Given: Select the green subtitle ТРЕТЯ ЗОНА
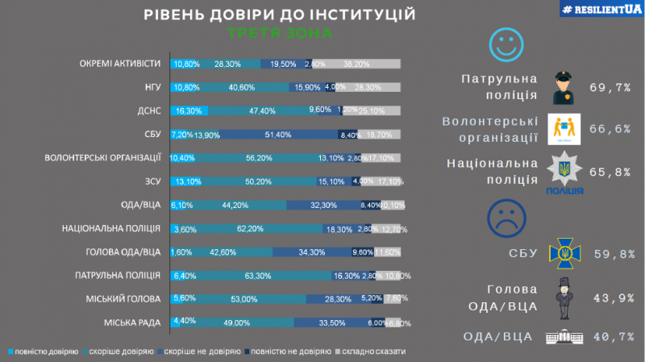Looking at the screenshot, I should click(x=280, y=35).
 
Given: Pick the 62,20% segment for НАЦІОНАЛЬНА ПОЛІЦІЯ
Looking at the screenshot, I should click(x=259, y=229).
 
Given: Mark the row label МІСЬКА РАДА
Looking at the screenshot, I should click(x=134, y=323).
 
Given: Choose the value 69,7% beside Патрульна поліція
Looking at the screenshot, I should click(x=610, y=86).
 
